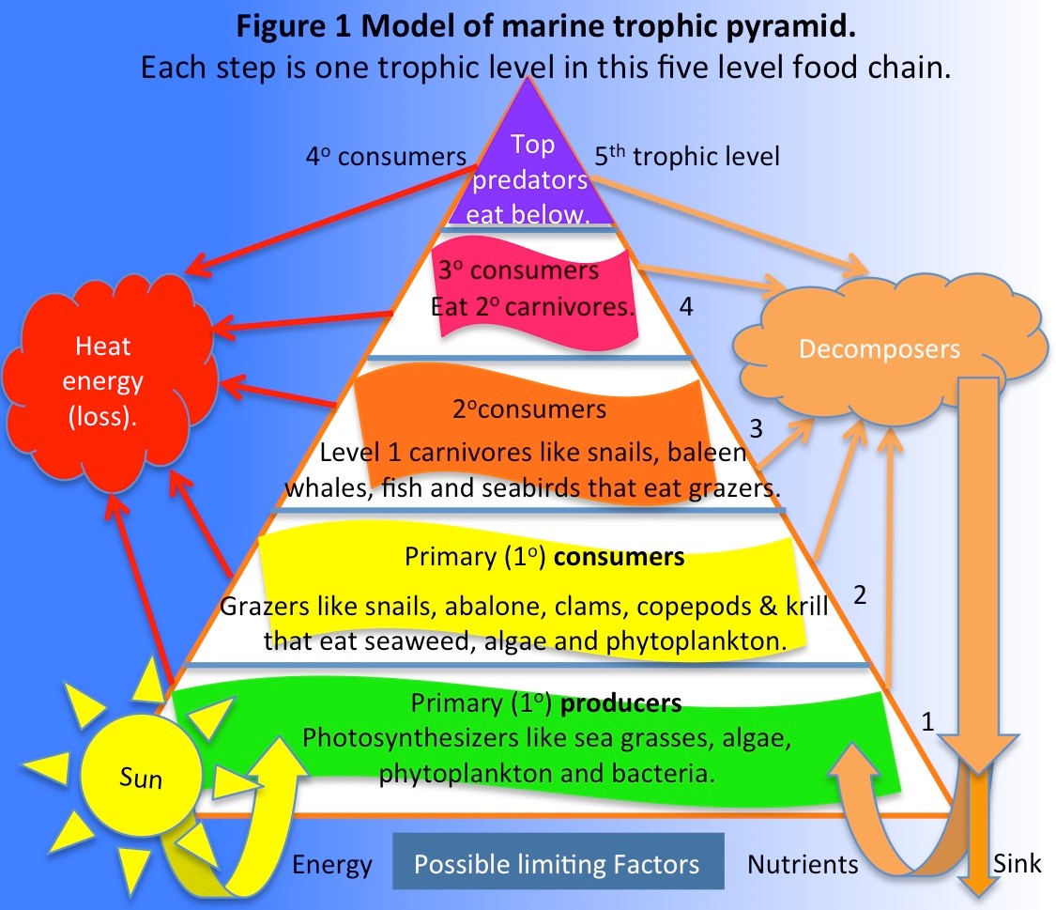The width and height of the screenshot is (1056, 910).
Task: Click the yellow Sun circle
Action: click(x=141, y=777)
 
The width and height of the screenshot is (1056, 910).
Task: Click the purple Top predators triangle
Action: click(x=532, y=169)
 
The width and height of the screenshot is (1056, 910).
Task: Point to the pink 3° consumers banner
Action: click(x=533, y=287)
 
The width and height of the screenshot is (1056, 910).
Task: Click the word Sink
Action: click(x=1016, y=862)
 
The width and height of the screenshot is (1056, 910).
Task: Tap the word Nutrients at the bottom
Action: click(x=803, y=864)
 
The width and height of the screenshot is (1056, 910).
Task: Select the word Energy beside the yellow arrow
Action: click(x=332, y=864)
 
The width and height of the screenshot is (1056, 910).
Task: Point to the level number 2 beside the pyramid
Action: click(x=859, y=594)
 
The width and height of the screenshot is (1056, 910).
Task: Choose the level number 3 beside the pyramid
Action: click(x=758, y=428)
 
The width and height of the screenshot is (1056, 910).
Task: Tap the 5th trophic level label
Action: click(x=687, y=156)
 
